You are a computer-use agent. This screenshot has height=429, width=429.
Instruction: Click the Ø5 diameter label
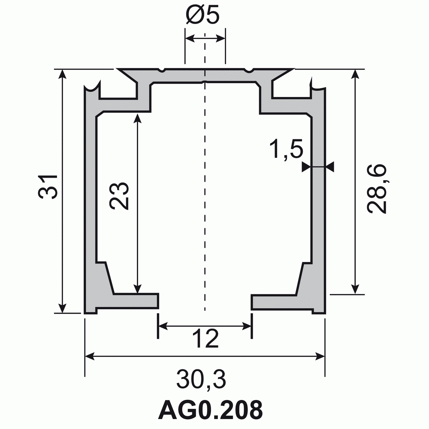coord(204,15)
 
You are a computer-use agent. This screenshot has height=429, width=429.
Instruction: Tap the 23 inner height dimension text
coord(119,196)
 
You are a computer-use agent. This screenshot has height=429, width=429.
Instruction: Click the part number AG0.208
coord(210,410)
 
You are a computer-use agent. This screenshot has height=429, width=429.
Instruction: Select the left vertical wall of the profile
coord(90,193)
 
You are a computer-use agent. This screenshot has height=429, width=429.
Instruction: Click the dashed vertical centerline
coord(205,193)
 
